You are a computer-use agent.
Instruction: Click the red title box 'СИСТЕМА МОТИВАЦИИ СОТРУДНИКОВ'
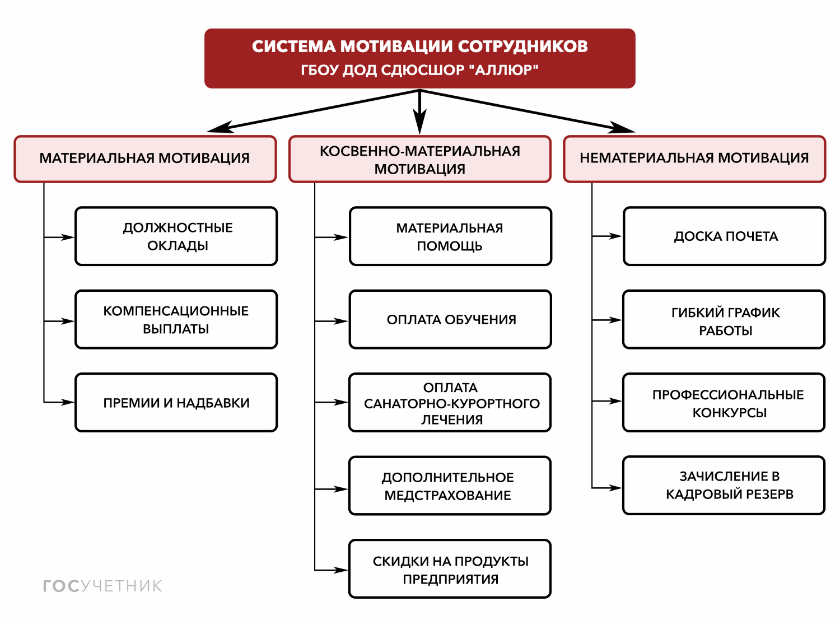coord(419,58)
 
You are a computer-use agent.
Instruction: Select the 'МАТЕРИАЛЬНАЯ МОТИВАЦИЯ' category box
coord(145,159)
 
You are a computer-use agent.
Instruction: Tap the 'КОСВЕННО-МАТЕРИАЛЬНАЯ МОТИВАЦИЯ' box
coord(419,159)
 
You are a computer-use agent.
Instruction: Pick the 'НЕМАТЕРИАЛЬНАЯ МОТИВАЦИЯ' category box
coord(694,159)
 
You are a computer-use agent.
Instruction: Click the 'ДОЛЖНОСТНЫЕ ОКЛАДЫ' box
coord(176,236)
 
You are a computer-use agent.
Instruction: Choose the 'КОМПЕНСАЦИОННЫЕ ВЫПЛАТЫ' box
coord(176,319)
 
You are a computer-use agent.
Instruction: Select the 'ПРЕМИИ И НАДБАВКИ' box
coord(176,402)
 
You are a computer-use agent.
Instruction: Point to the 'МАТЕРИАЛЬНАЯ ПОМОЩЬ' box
coord(450,236)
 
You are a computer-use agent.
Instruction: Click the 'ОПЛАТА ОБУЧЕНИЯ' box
coord(450,319)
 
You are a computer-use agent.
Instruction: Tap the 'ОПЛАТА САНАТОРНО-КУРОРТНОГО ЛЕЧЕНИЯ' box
coord(450,403)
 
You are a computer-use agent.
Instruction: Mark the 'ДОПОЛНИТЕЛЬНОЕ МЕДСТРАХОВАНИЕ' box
coord(450,486)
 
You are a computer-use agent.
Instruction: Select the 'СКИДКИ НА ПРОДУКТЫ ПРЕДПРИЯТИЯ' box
coord(450,569)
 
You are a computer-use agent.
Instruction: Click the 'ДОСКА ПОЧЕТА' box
coord(724,236)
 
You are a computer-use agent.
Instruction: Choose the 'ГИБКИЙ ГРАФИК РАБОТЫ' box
coord(724,320)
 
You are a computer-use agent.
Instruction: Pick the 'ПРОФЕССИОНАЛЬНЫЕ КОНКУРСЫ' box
coord(724,403)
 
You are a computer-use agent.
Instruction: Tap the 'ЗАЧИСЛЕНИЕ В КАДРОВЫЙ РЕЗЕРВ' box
coord(724,485)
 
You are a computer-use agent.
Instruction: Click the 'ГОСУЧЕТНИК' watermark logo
coord(102,586)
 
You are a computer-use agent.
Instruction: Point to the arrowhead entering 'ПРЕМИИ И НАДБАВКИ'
coord(68,402)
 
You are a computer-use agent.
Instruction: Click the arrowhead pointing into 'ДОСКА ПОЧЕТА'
coord(615,236)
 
